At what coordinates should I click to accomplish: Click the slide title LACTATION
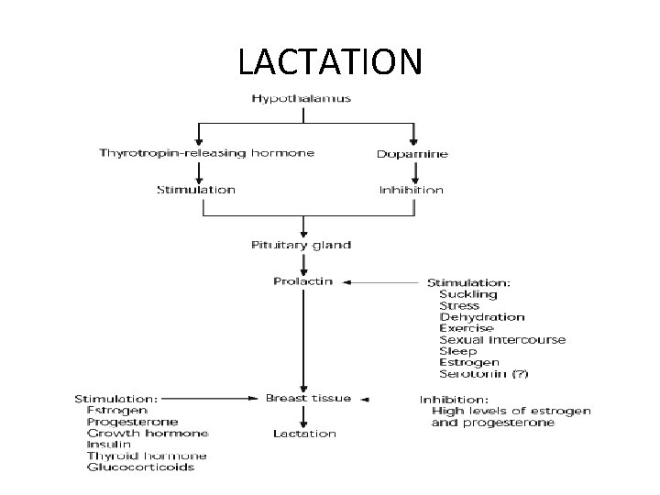point(330,61)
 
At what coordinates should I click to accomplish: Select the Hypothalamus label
point(301,98)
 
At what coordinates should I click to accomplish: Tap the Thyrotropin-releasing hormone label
point(206,152)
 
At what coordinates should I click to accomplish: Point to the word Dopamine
point(412,153)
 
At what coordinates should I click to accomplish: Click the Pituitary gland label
point(301,245)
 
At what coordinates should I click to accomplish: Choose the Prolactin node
point(303,280)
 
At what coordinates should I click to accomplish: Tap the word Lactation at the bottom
point(304,434)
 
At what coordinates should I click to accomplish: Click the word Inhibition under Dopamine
point(412,190)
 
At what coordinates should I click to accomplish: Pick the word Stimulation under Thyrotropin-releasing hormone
point(195,190)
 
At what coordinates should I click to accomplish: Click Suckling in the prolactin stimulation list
point(468,294)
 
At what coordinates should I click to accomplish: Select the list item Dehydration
point(482,317)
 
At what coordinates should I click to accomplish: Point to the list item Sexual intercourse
point(502,340)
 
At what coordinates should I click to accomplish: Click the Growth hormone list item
point(148,433)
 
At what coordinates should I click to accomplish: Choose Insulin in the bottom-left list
point(108,445)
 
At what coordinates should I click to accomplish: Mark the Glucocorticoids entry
point(140,467)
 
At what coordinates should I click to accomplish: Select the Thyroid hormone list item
point(147,456)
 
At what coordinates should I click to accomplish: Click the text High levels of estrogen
point(511,411)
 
